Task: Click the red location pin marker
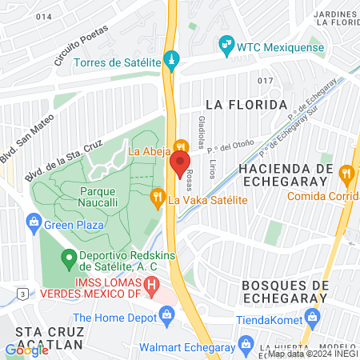click(179, 163)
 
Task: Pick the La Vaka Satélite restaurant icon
click(158, 194)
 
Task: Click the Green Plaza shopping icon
click(34, 220)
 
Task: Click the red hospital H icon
click(151, 284)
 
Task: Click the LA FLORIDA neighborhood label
click(246, 105)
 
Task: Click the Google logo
click(26, 350)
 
